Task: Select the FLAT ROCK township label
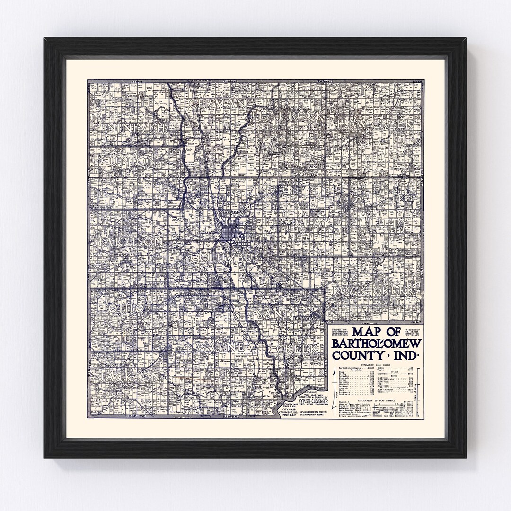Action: click(289, 115)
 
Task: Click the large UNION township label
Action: click(132, 162)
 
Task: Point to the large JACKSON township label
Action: click(128, 378)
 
